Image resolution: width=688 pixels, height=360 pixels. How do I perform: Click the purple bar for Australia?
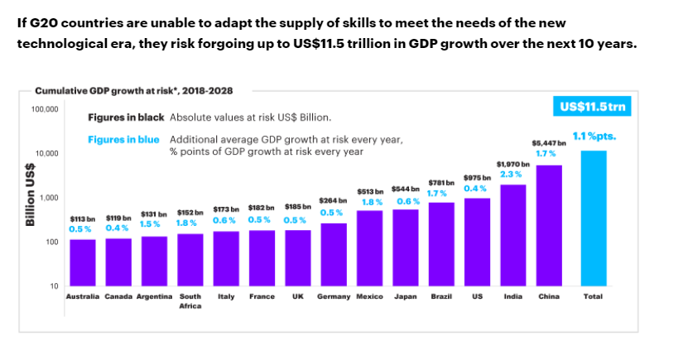point(82,262)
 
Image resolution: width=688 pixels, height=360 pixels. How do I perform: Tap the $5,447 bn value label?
point(548,143)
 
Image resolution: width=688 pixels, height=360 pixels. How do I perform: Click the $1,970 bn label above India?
point(512,164)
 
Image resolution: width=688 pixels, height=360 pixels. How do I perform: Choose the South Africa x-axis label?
point(190,300)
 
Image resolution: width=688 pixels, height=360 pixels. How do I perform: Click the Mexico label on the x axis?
point(369,296)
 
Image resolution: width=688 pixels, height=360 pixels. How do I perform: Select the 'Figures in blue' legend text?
point(123,140)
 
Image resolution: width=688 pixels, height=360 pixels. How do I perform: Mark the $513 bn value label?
point(370,191)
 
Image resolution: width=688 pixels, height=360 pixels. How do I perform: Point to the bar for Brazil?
point(440,243)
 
